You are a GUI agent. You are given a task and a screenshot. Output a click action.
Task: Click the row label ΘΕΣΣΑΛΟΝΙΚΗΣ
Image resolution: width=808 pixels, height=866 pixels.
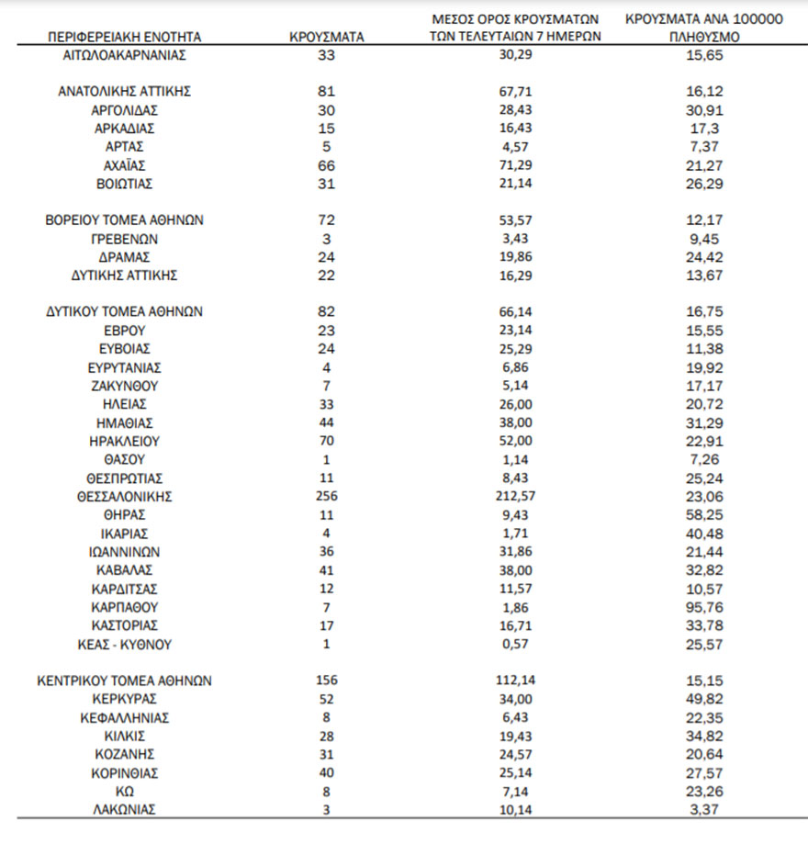coord(124,496)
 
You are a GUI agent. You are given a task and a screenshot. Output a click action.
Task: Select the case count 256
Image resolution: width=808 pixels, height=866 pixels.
coord(326,496)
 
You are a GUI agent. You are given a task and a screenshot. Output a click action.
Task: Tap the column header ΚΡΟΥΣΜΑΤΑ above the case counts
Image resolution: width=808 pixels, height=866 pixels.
coord(326,38)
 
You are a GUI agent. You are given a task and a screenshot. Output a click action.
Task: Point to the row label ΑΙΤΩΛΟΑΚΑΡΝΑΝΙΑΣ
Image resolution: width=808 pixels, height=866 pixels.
coord(124,55)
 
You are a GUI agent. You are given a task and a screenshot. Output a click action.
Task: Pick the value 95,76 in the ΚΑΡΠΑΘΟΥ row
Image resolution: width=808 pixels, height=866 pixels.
coord(704,607)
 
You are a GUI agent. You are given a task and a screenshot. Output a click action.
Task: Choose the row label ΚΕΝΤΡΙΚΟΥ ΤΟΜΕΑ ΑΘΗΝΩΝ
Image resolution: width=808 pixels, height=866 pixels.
coord(124,680)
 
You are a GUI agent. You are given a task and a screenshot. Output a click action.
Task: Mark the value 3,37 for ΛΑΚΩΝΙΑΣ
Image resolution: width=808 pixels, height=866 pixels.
coord(704,809)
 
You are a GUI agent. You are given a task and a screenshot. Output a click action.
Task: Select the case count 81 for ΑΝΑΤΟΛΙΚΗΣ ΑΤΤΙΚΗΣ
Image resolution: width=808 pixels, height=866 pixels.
coord(326,91)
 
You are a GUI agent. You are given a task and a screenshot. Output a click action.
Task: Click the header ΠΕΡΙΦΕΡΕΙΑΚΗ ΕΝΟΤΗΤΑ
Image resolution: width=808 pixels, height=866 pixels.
coord(124,38)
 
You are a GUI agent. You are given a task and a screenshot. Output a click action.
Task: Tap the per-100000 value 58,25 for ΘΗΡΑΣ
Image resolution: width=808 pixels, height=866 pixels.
coord(704,514)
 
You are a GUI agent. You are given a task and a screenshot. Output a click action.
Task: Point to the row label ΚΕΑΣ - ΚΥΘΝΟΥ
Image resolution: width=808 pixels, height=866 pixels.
coord(124,644)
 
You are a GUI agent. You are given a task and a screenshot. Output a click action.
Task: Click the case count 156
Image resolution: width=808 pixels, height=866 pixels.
coord(326,680)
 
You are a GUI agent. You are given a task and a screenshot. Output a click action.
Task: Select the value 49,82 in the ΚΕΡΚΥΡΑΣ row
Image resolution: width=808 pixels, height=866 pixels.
coord(704,699)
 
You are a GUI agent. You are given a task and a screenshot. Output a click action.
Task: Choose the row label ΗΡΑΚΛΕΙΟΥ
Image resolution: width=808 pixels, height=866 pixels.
coord(124,440)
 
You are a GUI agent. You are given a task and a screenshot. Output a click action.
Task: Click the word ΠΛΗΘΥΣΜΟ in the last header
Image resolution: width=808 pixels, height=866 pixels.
coord(704,39)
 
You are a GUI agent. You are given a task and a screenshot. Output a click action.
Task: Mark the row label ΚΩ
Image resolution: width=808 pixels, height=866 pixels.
coord(124,791)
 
